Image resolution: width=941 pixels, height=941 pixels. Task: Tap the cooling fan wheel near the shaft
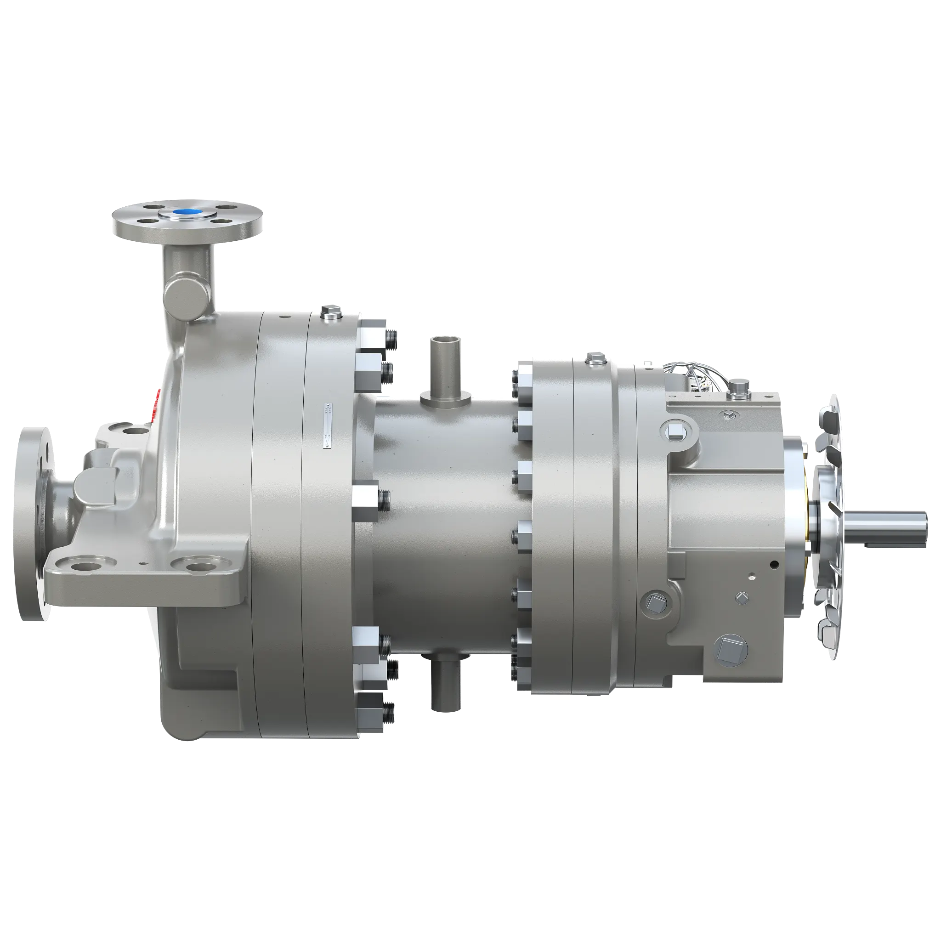coord(828,526)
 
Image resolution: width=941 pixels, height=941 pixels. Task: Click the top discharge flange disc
coord(187,221)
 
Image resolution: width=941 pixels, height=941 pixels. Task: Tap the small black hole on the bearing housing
coord(773,565)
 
